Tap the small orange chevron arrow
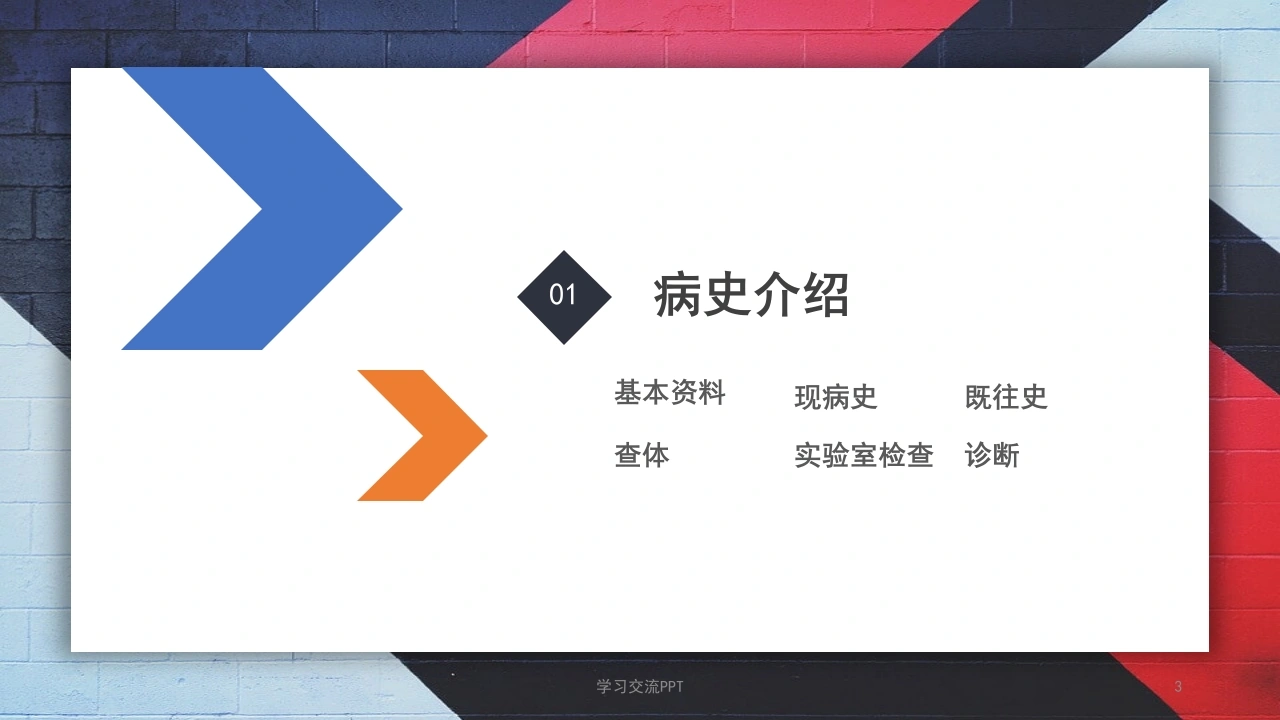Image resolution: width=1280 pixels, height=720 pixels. [x=440, y=435]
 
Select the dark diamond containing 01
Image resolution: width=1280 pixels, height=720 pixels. [x=564, y=297]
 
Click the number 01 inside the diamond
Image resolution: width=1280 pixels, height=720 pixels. [x=562, y=295]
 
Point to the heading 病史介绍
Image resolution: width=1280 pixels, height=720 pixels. [x=751, y=295]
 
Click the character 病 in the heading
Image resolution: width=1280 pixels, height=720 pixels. [x=678, y=295]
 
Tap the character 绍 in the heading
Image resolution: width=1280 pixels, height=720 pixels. [x=826, y=295]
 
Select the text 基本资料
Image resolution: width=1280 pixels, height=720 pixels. [x=670, y=393]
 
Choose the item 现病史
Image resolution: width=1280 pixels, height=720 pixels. [x=835, y=397]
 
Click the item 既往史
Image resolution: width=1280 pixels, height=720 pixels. [x=1006, y=397]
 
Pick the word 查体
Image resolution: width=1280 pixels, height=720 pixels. [x=642, y=455]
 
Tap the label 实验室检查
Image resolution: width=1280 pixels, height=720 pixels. [x=864, y=455]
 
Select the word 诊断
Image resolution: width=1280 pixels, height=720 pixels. [x=992, y=455]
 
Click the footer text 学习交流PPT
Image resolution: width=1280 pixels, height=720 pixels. [x=639, y=686]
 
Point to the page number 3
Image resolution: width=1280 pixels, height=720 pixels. [x=1178, y=686]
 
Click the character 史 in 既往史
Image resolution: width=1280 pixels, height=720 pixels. [x=1034, y=397]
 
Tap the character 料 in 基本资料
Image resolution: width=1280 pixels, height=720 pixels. [x=712, y=393]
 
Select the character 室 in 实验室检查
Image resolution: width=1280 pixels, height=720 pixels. [x=864, y=455]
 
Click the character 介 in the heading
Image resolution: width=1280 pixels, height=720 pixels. [x=777, y=295]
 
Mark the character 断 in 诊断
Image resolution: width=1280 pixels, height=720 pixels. [x=1006, y=455]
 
